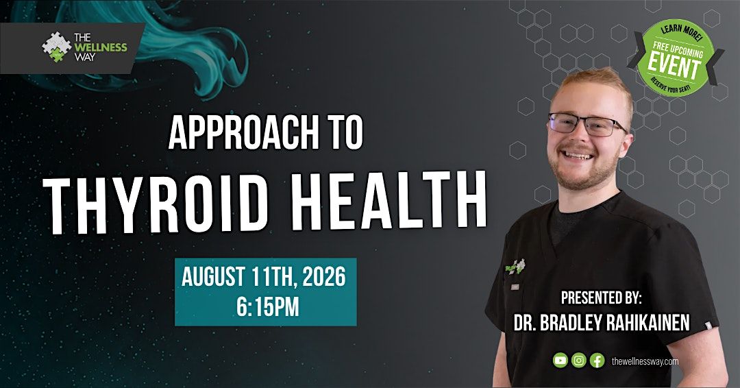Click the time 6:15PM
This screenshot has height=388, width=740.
pos(268,307)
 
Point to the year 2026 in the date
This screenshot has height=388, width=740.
pos(324,277)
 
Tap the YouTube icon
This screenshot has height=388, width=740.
pos(560,361)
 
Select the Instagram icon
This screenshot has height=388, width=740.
pos(578,361)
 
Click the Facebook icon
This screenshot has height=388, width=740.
pos(597,361)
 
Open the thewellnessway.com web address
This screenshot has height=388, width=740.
pos(645,361)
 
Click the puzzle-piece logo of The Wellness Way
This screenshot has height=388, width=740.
pos(57,47)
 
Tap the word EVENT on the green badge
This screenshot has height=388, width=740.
pos(674,66)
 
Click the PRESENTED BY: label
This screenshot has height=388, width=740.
pos(602,298)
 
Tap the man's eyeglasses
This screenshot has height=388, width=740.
pos(587,125)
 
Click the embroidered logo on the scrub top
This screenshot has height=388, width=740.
pos(515,267)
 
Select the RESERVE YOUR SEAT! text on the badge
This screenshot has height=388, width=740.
pos(671,86)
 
